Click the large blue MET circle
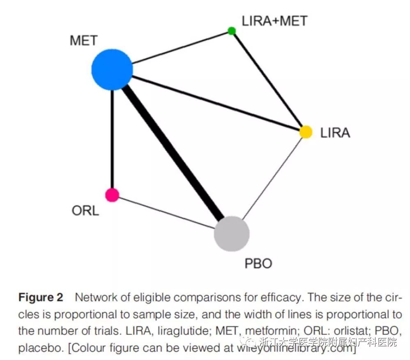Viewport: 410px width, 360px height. [112, 69]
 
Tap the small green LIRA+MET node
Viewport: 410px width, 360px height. [232, 31]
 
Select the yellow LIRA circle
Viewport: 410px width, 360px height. [306, 132]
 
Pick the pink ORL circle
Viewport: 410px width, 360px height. [112, 194]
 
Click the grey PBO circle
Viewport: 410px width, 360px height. [232, 233]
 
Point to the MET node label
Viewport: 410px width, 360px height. [84, 41]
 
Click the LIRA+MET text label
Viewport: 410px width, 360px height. [274, 21]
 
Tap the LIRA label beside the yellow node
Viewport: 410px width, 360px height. [335, 133]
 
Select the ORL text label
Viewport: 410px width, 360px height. [85, 211]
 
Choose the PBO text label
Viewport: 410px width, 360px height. [258, 263]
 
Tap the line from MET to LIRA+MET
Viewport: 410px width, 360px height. [181, 47]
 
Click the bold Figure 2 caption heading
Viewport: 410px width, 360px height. [41, 298]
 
